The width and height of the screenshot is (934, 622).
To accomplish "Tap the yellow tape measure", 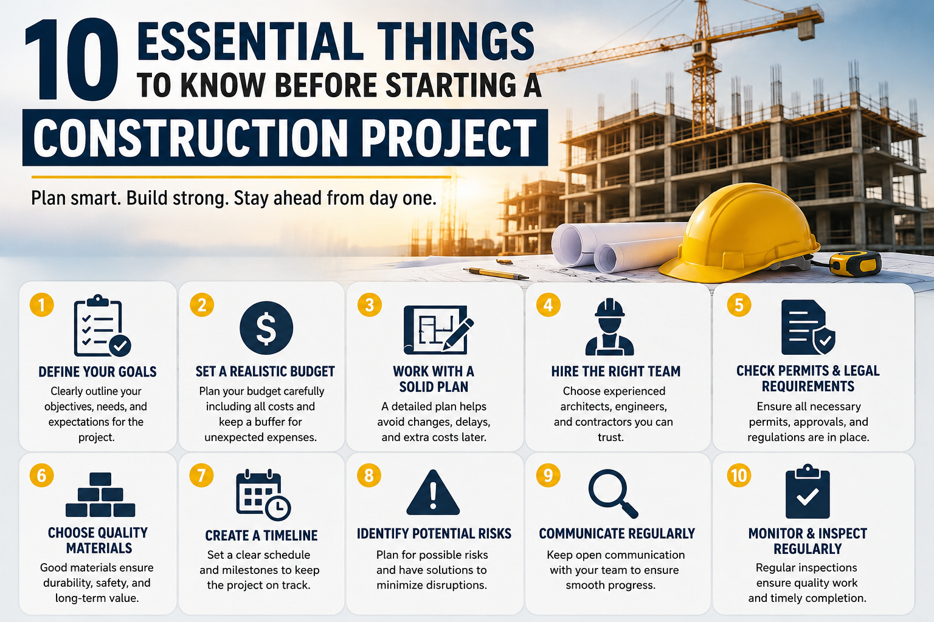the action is pyautogui.click(x=855, y=263).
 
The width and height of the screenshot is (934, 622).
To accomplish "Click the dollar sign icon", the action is pyautogui.click(x=266, y=328).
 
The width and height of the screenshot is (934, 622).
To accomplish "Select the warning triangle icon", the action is pyautogui.click(x=433, y=493).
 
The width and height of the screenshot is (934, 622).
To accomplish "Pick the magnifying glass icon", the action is pyautogui.click(x=612, y=493).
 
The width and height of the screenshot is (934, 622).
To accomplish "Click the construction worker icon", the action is pyautogui.click(x=610, y=327).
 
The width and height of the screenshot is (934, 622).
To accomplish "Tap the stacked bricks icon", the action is pyautogui.click(x=100, y=494).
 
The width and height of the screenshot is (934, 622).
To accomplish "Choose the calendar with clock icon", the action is pyautogui.click(x=263, y=495).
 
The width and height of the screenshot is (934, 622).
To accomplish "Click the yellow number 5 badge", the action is pyautogui.click(x=739, y=304).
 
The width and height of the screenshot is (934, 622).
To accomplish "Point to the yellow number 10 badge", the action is pyautogui.click(x=739, y=476).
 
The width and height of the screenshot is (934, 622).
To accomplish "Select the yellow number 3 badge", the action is pyautogui.click(x=370, y=304).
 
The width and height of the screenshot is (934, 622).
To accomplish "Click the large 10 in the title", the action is pyautogui.click(x=72, y=59).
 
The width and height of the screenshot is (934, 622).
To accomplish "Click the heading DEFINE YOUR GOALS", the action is pyautogui.click(x=97, y=372).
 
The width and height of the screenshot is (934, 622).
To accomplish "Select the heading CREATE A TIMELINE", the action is pyautogui.click(x=261, y=535).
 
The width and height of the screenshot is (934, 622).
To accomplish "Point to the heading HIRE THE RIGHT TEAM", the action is pyautogui.click(x=616, y=371).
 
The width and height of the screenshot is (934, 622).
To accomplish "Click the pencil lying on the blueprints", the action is pyautogui.click(x=496, y=274).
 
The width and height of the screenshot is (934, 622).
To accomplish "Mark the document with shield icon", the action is pyautogui.click(x=808, y=327).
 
